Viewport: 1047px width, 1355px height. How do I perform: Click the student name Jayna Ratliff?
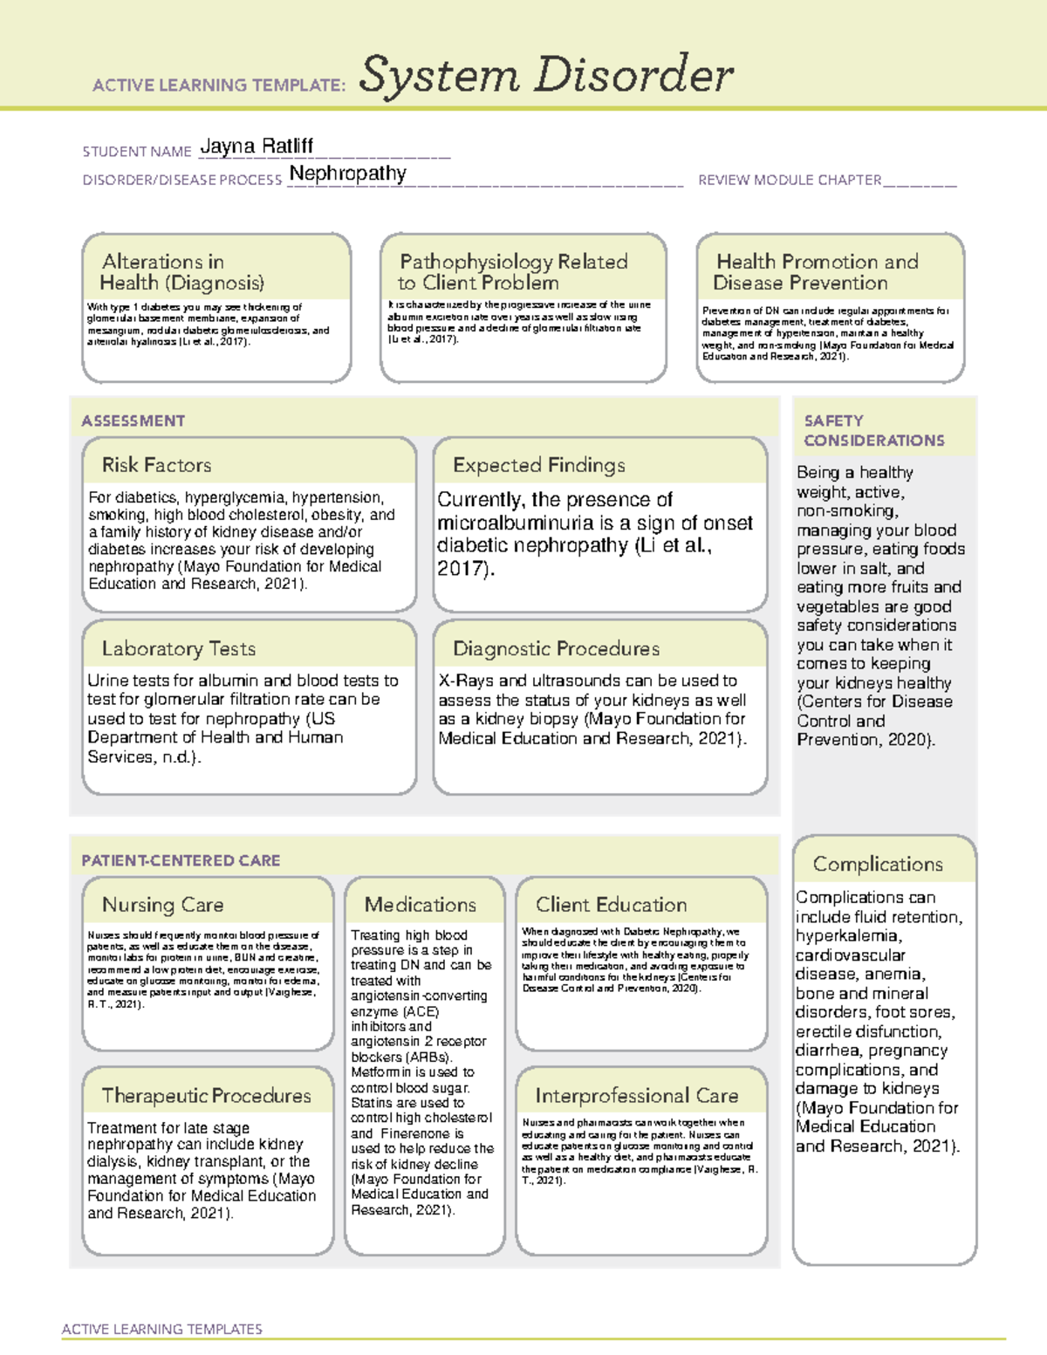[x=257, y=147]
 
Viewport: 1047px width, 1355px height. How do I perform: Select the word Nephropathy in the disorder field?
[x=347, y=174]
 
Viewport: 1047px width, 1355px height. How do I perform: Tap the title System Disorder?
[x=545, y=75]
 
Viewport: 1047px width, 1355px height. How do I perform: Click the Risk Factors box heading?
[x=156, y=465]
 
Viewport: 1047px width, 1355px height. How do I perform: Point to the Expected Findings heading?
[x=538, y=465]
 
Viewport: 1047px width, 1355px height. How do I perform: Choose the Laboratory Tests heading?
[x=178, y=648]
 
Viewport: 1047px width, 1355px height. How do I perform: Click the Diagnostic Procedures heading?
[x=556, y=648]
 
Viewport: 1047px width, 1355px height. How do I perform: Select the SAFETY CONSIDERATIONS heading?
[x=873, y=431]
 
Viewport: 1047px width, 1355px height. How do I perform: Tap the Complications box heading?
[x=878, y=864]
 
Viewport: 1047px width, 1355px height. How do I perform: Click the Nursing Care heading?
[x=162, y=905]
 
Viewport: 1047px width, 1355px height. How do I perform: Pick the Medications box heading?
[x=421, y=905]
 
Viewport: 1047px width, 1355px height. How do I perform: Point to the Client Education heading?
[x=611, y=905]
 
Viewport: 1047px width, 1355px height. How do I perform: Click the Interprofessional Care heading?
[x=636, y=1095]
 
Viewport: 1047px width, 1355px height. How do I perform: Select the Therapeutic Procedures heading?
[x=206, y=1095]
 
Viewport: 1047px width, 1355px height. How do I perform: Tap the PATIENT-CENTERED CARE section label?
[x=181, y=860]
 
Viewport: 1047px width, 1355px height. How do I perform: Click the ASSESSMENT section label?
[x=133, y=421]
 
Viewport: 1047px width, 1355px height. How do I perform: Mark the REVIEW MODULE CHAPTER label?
[x=790, y=180]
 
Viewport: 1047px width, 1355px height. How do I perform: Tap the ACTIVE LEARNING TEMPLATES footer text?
[x=161, y=1329]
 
